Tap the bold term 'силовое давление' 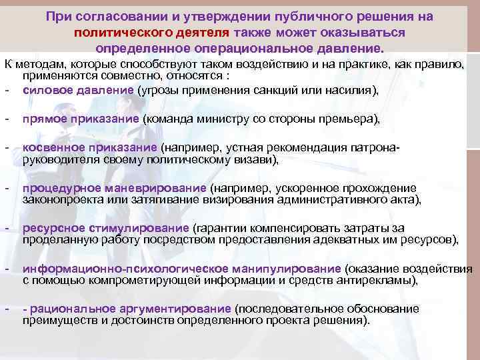(x=78, y=91)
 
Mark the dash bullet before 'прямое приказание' (x=6, y=119)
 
